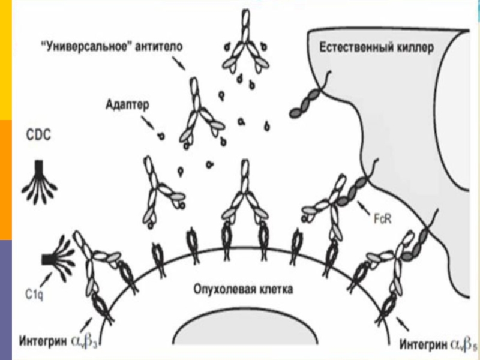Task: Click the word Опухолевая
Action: click(223, 289)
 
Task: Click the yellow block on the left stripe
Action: click(5, 60)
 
